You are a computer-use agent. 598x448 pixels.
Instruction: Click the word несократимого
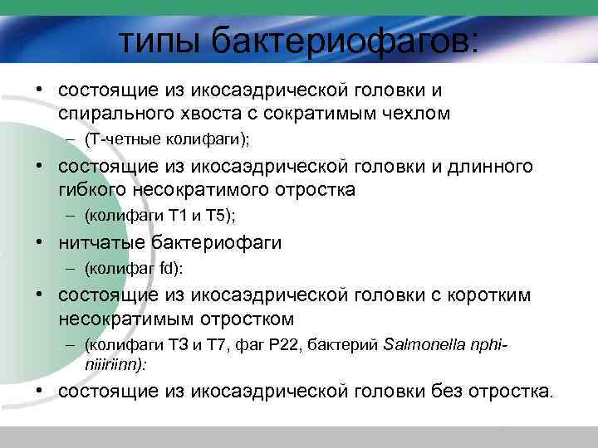[197, 189]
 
